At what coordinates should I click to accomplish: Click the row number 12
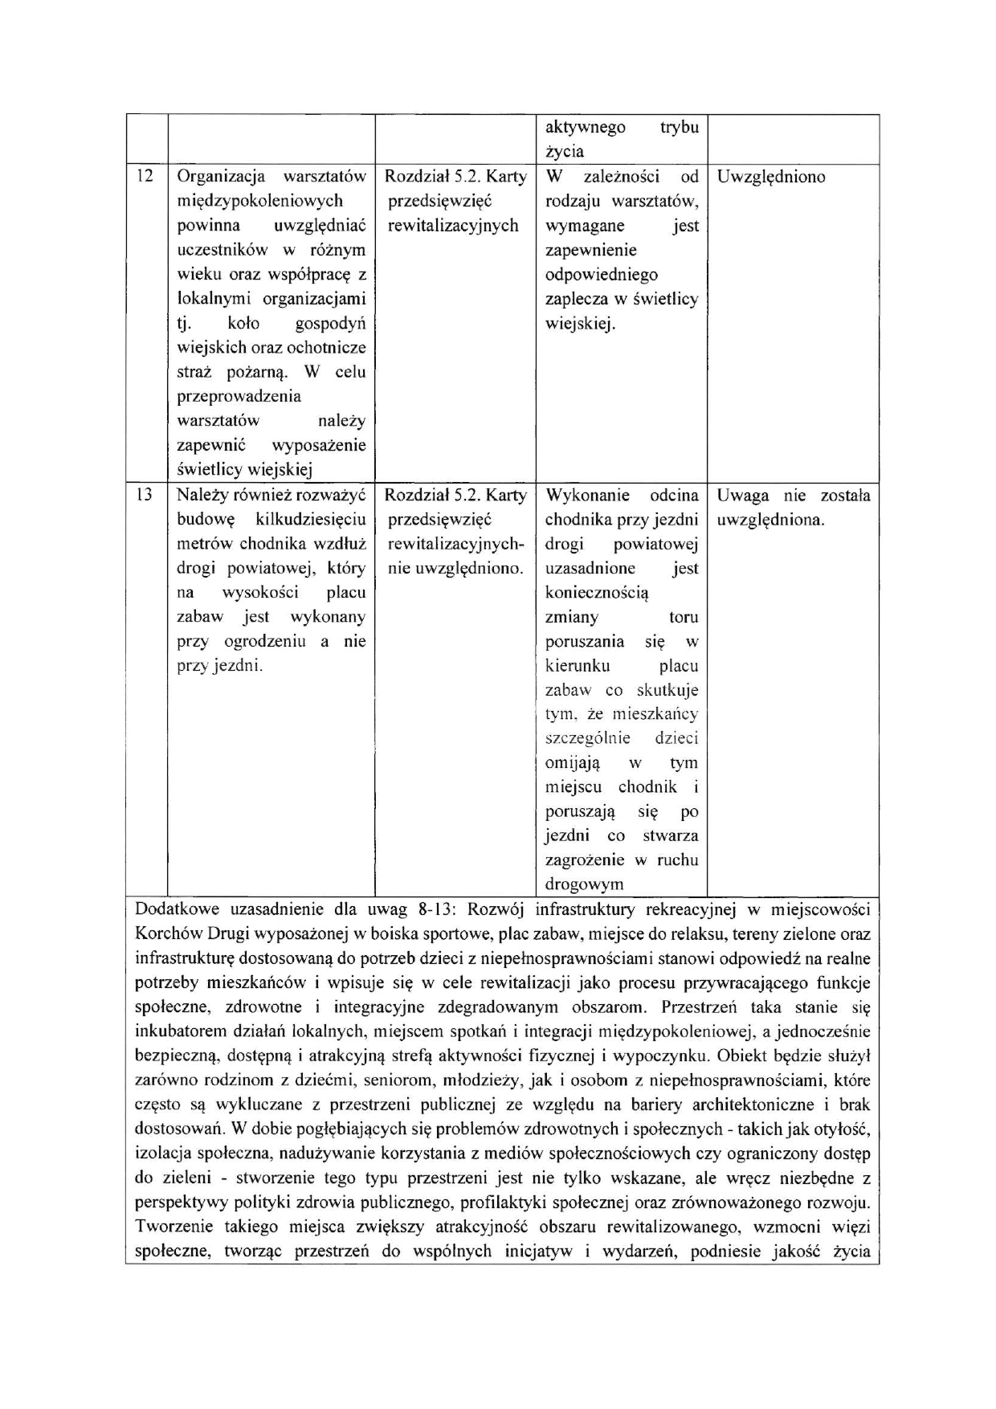tap(145, 177)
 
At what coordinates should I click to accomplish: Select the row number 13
tap(145, 496)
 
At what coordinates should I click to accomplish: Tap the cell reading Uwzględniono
tap(770, 177)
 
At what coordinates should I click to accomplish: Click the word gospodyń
tap(330, 324)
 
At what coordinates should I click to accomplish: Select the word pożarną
tap(262, 373)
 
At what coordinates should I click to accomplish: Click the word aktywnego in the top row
tap(586, 128)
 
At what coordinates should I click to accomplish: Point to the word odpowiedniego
tap(601, 275)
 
